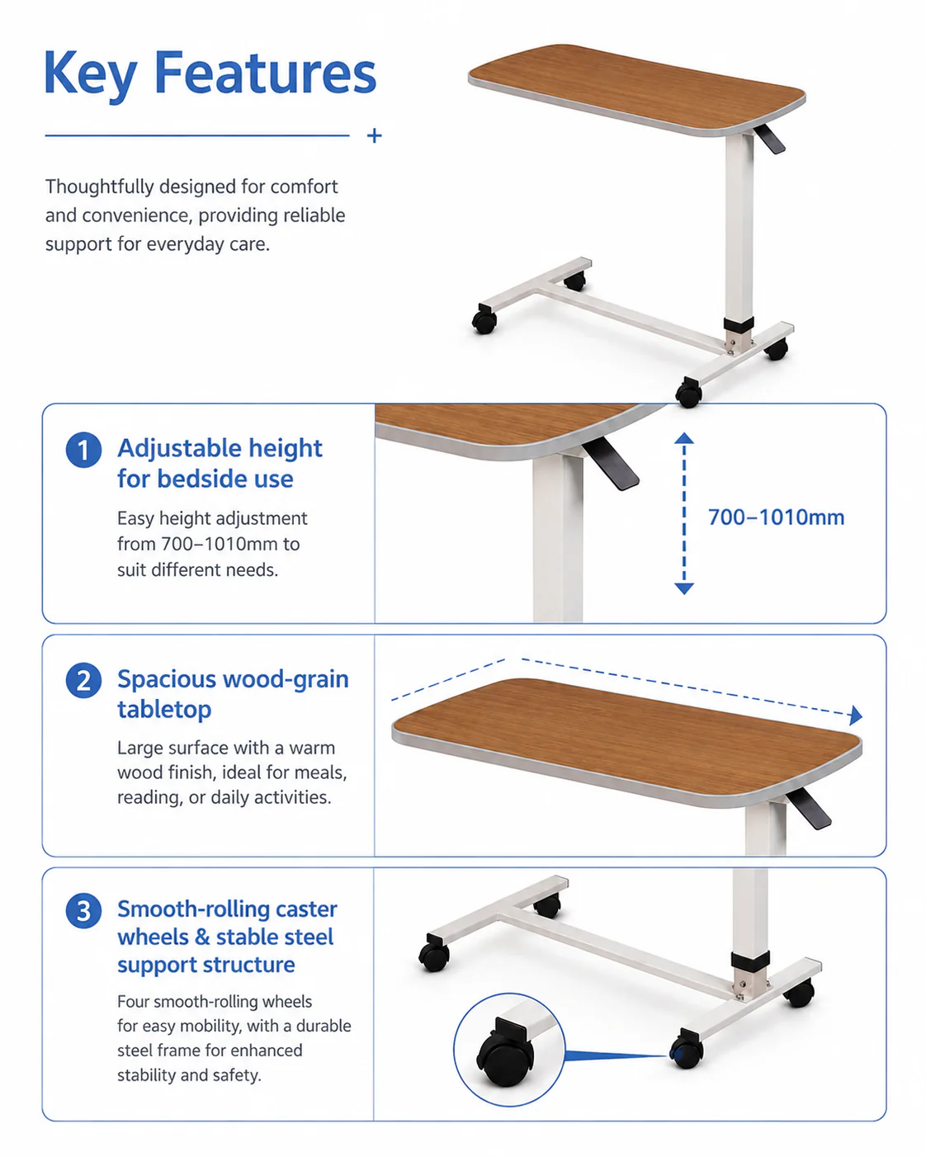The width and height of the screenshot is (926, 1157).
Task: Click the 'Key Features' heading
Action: (210, 73)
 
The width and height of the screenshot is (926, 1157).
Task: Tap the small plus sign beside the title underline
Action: (374, 135)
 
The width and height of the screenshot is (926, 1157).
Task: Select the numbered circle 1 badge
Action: (83, 450)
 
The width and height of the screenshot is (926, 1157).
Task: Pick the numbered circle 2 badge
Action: (83, 681)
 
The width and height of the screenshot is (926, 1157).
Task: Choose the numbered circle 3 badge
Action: (83, 911)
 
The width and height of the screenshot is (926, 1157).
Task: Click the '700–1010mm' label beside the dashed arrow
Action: (776, 517)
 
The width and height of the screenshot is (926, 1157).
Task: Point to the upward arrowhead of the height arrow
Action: (684, 437)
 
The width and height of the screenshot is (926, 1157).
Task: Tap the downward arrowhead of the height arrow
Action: (684, 588)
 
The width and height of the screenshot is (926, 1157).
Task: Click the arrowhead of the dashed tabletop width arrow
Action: (856, 715)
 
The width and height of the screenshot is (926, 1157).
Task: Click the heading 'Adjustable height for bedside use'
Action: (220, 463)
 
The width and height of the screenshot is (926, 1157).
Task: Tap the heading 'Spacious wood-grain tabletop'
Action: (233, 694)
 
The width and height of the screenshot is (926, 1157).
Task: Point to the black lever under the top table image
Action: (769, 139)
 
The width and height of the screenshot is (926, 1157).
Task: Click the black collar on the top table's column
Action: (739, 324)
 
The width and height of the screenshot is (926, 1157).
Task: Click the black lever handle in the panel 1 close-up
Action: (611, 464)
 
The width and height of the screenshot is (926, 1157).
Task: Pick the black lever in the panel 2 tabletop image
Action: (808, 808)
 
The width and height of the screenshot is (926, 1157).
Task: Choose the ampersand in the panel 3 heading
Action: (202, 937)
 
